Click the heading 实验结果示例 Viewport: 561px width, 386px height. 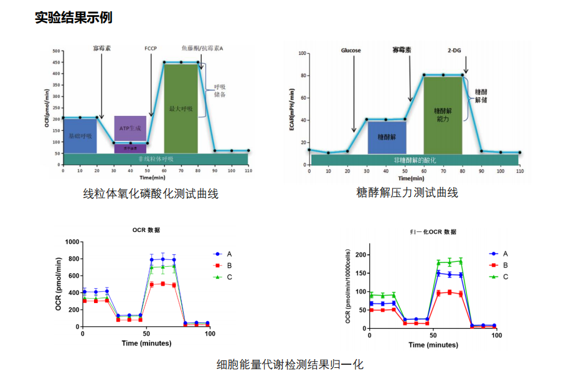tap(73, 17)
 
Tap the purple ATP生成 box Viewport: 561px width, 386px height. tap(130, 128)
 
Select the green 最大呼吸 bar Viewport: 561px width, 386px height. tap(181, 108)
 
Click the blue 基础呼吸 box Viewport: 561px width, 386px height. tap(79, 136)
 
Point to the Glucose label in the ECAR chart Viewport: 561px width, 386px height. tap(351, 50)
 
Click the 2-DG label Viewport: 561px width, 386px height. tap(455, 50)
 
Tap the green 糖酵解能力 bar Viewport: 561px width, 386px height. tap(443, 114)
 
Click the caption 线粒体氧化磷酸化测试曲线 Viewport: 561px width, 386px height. tap(151, 194)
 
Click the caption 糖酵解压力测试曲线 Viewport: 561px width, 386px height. tap(407, 193)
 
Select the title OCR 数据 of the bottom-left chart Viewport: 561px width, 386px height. tap(146, 230)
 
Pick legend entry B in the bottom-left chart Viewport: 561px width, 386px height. tap(229, 266)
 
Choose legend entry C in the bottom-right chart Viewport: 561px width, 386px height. tap(505, 276)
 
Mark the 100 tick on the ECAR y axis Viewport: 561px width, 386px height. tap(303, 54)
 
